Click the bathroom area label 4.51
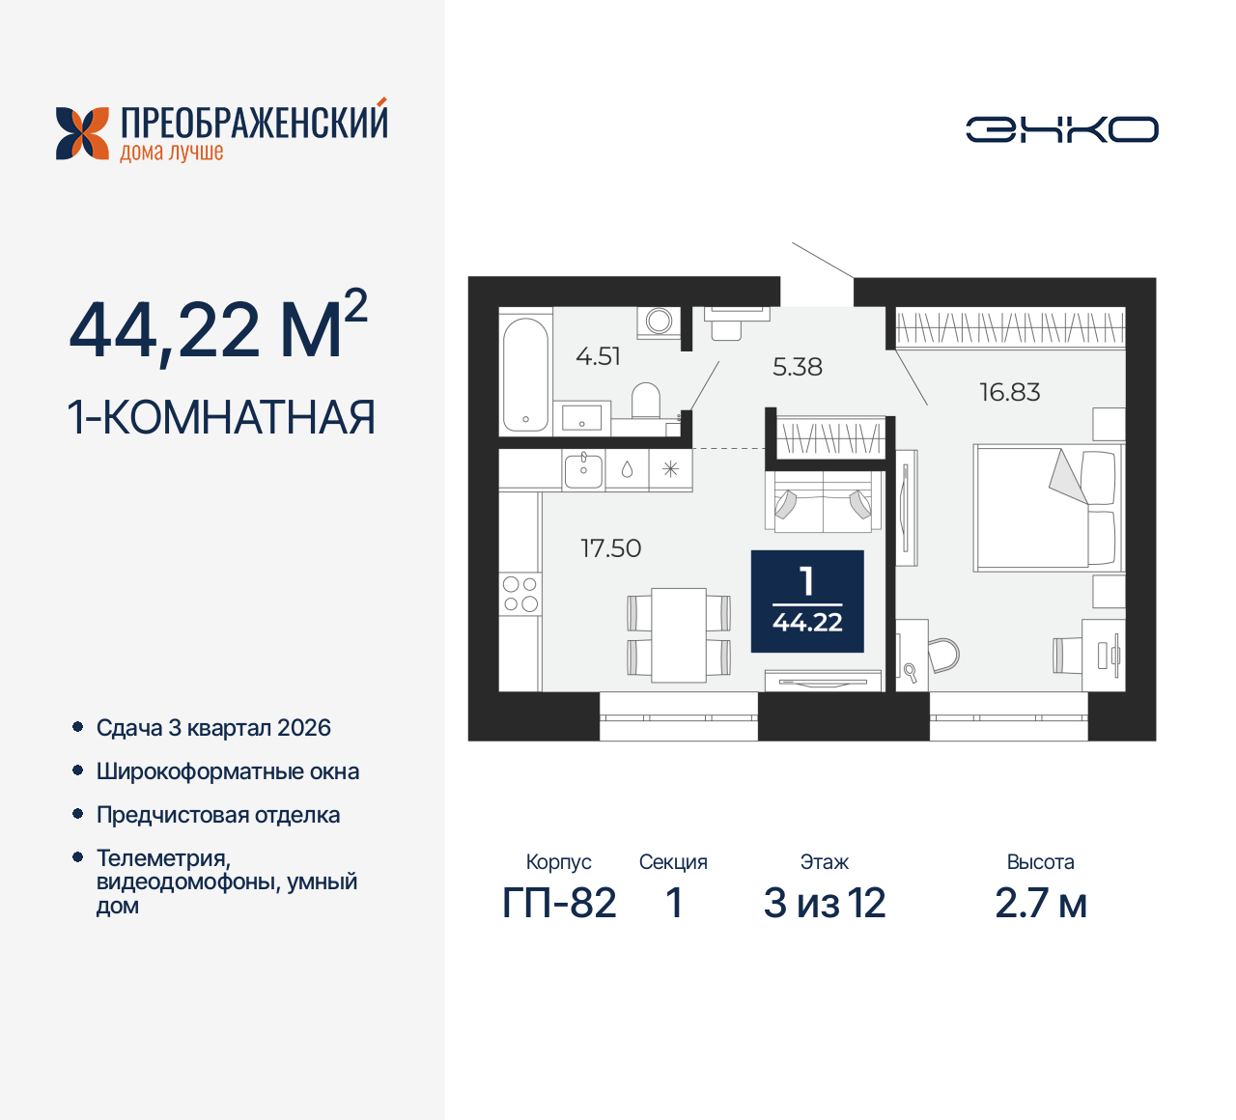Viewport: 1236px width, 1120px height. tap(598, 356)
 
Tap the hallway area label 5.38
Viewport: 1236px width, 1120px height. tap(798, 367)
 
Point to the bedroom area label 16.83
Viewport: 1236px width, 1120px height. tap(1009, 392)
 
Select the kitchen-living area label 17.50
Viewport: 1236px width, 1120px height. tap(610, 548)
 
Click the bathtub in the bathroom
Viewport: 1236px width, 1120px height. tap(525, 373)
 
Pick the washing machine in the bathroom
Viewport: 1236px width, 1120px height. tap(660, 321)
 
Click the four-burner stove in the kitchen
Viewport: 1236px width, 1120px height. tap(520, 594)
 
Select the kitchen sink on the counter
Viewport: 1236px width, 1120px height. tap(583, 470)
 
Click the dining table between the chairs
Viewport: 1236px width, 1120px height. tap(679, 634)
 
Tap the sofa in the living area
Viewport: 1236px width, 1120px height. tap(824, 501)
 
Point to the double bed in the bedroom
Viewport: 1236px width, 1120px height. tap(1046, 507)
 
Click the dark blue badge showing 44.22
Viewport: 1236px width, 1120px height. tap(807, 602)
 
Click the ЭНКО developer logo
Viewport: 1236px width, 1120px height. tap(1061, 129)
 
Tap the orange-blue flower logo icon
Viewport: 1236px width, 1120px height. tap(82, 133)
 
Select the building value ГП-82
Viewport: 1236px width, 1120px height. tap(559, 904)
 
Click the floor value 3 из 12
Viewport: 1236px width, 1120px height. tap(825, 904)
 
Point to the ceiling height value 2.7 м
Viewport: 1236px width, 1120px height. tap(1041, 904)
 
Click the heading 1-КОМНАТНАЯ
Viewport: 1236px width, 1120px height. tap(221, 418)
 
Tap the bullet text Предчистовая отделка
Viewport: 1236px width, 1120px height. tap(218, 815)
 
